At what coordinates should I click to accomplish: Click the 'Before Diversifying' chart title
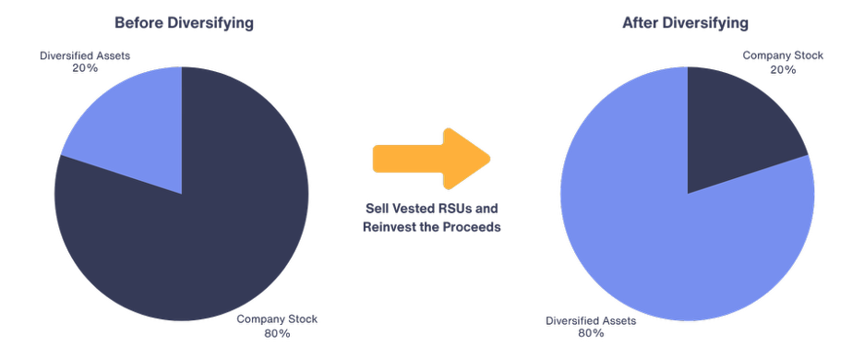183,23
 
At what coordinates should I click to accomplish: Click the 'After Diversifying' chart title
686,23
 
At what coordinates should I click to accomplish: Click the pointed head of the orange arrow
471,158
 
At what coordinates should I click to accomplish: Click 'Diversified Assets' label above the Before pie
84,56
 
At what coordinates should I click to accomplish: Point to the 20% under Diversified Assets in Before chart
84,69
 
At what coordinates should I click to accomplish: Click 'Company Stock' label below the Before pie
277,319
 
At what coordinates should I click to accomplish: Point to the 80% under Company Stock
277,332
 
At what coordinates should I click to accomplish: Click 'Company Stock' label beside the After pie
783,56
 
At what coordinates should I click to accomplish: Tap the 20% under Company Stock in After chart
783,69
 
